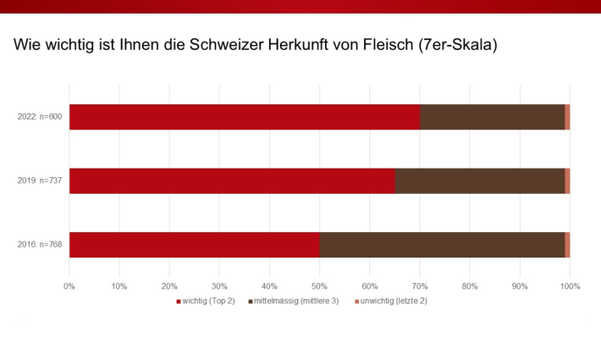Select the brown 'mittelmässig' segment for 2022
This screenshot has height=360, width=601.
[x=492, y=117]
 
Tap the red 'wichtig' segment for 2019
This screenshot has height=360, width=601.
[x=232, y=180]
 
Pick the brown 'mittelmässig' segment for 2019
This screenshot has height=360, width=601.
[x=479, y=180]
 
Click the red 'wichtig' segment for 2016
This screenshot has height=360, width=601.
[x=194, y=244]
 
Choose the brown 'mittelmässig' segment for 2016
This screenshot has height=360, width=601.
[x=442, y=244]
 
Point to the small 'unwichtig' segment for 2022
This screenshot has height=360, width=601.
[x=567, y=117]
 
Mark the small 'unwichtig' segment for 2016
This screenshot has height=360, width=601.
[x=567, y=244]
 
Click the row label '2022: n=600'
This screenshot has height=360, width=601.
[x=39, y=117]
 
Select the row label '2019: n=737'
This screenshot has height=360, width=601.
[x=39, y=181]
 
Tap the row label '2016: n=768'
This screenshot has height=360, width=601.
[x=39, y=245]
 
